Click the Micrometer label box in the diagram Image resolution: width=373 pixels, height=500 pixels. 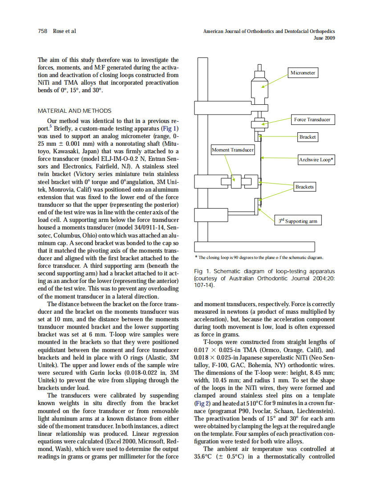(303, 73)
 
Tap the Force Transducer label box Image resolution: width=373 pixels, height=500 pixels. (312, 119)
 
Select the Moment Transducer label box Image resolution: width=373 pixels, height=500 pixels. (233, 150)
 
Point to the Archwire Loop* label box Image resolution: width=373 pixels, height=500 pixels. (316, 160)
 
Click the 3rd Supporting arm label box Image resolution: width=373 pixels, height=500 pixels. (298, 221)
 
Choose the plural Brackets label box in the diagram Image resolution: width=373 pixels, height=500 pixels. (304, 187)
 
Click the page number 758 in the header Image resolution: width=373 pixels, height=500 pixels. (43, 31)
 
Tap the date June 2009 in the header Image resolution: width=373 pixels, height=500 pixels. (324, 38)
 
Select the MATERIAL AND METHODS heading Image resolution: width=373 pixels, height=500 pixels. (75, 111)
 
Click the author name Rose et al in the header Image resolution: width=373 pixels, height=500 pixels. (64, 31)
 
